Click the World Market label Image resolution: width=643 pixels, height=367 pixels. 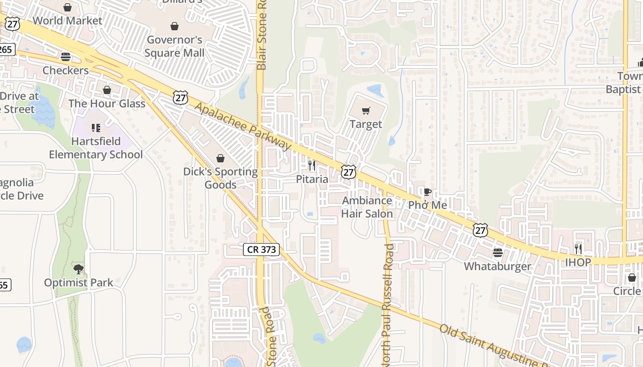point(68,21)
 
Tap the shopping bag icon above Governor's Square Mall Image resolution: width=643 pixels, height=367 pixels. point(175,26)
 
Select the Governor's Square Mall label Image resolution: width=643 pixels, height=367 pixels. point(175,46)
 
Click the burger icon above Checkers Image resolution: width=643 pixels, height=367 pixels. point(66,57)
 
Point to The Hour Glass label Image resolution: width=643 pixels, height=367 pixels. point(107,103)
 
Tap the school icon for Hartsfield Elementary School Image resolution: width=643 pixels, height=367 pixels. point(96,128)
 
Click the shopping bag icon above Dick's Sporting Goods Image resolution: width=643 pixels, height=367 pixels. point(220,158)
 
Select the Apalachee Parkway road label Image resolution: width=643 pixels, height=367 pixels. point(243,126)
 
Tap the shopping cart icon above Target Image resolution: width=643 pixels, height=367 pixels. point(366,111)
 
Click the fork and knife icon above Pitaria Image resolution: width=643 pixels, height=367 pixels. point(312,165)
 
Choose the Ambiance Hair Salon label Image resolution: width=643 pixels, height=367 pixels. point(367,207)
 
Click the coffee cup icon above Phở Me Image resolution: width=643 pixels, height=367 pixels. point(427,192)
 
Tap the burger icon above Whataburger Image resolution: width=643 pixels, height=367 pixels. point(497,253)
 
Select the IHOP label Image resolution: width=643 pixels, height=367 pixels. point(578,262)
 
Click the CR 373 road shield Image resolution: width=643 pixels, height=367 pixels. point(261,250)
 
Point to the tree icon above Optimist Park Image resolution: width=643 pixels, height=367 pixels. point(79,269)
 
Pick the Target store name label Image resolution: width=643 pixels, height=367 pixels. point(366,124)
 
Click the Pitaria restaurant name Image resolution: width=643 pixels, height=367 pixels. point(312,179)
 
